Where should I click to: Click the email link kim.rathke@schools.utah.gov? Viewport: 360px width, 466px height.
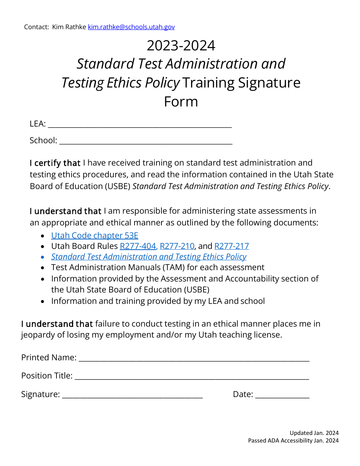131,27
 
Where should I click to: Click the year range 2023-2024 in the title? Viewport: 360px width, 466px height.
181,45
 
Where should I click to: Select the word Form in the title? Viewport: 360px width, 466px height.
181,102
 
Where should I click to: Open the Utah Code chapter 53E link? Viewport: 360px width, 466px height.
95,235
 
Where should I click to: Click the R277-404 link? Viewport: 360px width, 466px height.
138,246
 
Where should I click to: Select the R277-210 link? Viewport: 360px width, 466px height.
177,246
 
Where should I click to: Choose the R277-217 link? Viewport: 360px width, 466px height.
232,246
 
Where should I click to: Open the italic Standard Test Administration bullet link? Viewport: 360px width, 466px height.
149,257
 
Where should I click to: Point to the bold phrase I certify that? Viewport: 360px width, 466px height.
55,163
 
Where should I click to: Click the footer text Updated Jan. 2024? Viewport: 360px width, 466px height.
314,433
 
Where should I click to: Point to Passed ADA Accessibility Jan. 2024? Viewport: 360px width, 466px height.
293,441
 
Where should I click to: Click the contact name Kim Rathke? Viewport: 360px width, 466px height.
69,27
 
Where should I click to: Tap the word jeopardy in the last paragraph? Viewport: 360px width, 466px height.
38,335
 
